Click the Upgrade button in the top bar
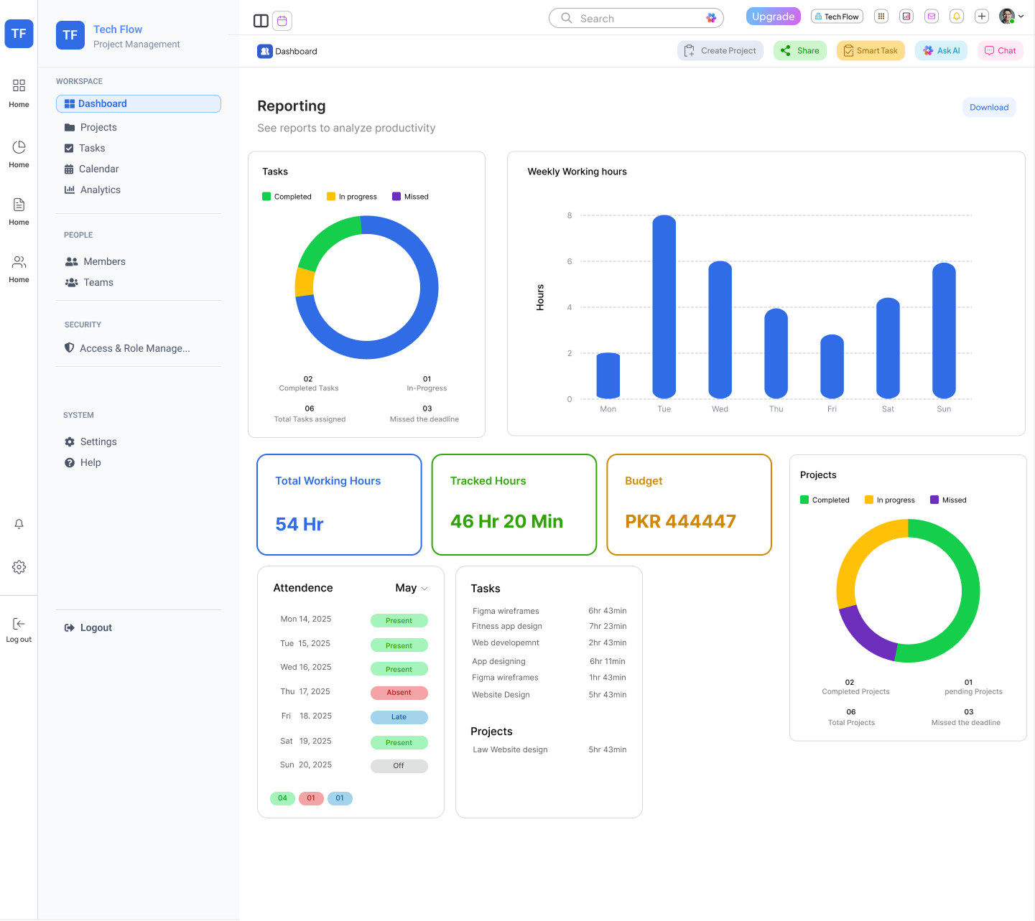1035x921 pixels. pos(773,17)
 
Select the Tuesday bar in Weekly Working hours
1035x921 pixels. pos(664,307)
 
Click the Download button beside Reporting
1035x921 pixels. pos(988,108)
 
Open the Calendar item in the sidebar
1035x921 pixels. pos(98,169)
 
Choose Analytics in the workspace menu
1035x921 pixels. pos(100,190)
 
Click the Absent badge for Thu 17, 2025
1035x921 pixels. pos(399,693)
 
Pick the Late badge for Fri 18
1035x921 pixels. pos(399,717)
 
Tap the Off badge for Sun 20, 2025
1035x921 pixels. pos(399,766)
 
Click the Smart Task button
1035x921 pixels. pos(871,51)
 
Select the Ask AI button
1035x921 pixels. pos(941,51)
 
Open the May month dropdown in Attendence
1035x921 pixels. pos(412,588)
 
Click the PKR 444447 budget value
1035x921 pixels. pos(680,521)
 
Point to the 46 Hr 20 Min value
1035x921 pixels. pos(506,521)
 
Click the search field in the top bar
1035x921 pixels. pos(636,19)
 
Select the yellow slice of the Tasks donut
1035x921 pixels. pos(305,282)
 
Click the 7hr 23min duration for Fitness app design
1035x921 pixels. pos(607,626)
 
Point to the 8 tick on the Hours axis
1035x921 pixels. pos(570,215)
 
